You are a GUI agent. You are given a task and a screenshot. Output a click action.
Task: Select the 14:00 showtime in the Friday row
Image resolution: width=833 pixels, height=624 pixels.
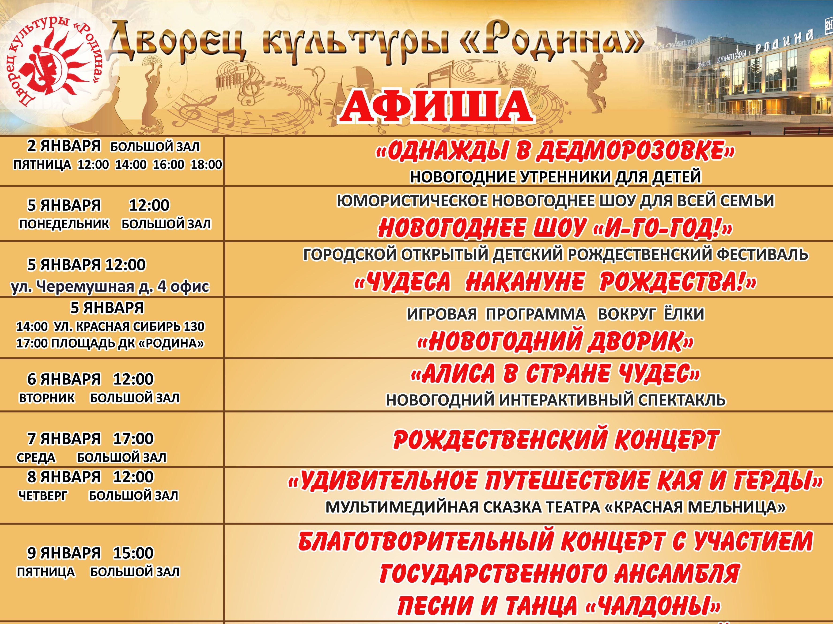(x=131, y=165)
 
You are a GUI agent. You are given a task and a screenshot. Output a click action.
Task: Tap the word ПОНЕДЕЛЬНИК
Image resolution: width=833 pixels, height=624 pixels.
(x=64, y=224)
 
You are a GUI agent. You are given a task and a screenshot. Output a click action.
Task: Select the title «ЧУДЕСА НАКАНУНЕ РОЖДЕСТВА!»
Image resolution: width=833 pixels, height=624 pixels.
(x=556, y=282)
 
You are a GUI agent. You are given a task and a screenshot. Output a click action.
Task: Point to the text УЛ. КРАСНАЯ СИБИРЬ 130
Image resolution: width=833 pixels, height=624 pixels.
(x=129, y=327)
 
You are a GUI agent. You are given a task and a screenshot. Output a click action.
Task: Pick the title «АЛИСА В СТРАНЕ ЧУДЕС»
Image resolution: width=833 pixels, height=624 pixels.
(x=556, y=374)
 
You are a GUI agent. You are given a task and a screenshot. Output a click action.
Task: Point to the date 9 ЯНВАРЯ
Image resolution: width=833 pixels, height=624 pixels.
(x=64, y=553)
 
